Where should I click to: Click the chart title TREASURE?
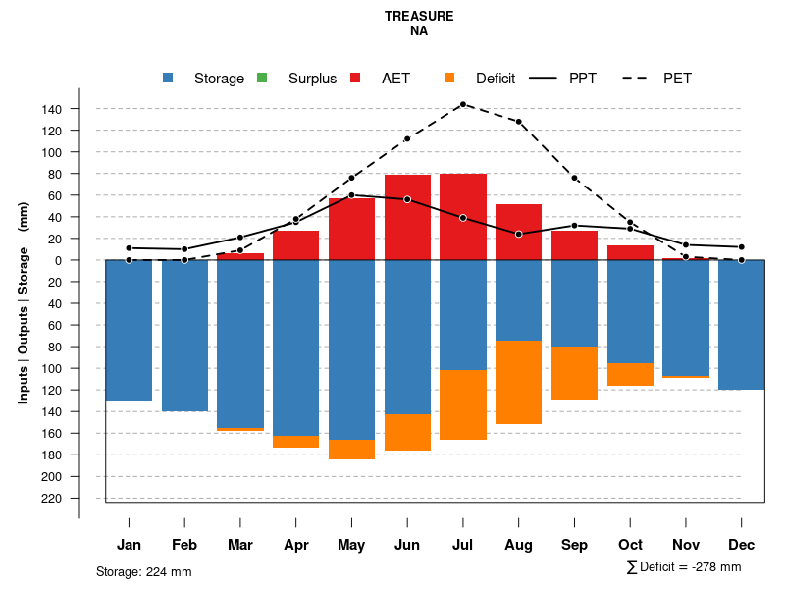419,17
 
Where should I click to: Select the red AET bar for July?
463,216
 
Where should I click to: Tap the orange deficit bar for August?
518,383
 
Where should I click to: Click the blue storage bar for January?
129,330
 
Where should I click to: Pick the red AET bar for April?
295,245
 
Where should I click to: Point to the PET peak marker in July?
463,104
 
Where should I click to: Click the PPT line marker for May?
351,195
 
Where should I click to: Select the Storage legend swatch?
169,79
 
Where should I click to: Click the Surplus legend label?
312,79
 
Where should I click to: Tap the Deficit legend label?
496,79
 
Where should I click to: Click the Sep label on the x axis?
575,545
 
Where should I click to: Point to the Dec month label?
742,545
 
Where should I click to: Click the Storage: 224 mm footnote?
143,571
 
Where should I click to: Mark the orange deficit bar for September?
575,373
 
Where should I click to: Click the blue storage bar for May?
351,349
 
